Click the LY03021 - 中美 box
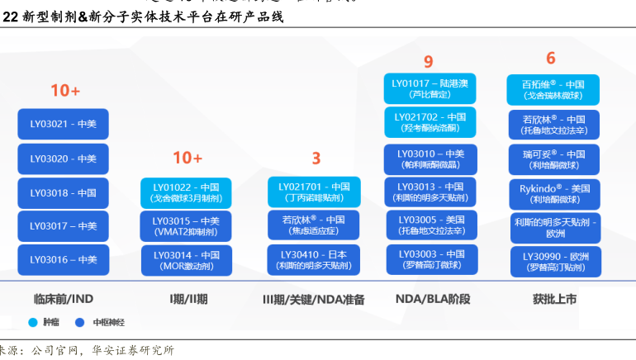64,124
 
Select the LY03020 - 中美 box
64,159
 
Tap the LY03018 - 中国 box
64,192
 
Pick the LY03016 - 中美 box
64,259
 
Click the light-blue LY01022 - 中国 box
186,192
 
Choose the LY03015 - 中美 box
186,226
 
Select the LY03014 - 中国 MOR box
186,260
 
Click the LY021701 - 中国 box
314,192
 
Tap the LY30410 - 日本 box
314,260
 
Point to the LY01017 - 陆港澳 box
430,88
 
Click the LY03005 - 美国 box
431,225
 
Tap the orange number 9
428,61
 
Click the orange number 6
551,58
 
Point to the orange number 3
316,159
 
